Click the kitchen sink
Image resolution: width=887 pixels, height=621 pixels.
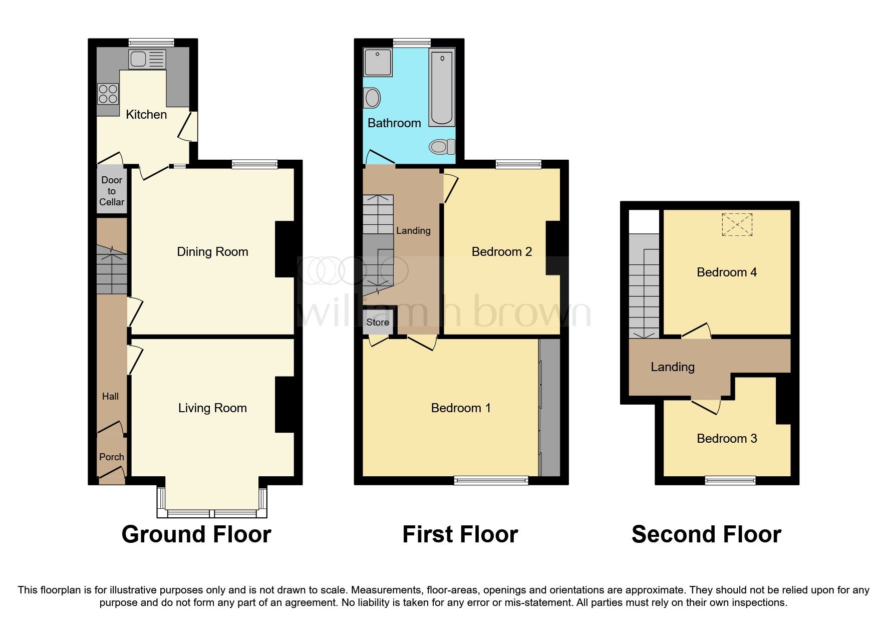tap(138, 60)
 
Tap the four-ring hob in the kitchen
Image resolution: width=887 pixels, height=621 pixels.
tap(108, 94)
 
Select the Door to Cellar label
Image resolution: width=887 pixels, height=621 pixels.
tap(112, 191)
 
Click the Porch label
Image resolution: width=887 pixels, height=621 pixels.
tap(111, 457)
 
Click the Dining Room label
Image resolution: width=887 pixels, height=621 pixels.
tap(212, 251)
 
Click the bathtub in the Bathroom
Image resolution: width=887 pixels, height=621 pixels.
tap(442, 88)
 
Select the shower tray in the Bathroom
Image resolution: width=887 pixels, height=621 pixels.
tap(378, 62)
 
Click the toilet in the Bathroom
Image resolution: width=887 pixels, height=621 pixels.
tap(441, 147)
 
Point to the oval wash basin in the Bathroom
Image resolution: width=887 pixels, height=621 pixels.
tap(373, 98)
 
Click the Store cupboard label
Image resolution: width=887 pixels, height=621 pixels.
tap(377, 322)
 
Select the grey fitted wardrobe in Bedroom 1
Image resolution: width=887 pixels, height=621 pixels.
tap(550, 408)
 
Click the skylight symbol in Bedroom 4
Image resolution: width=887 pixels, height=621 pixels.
tap(737, 224)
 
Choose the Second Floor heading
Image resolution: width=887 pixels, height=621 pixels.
tap(706, 534)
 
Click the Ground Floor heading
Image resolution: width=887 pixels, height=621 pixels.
tap(196, 534)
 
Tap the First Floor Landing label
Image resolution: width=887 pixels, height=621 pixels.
tap(413, 230)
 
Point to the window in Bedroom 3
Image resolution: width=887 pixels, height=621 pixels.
tap(730, 480)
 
